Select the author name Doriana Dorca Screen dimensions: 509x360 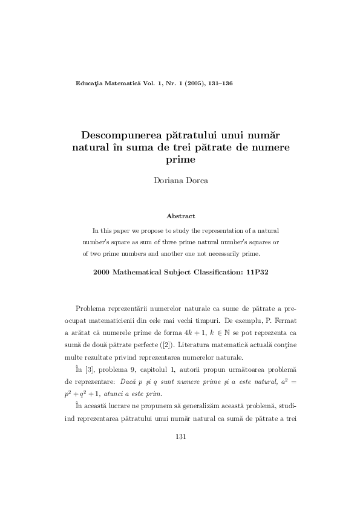point(180,181)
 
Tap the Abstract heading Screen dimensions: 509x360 point(180,215)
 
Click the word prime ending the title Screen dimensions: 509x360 point(180,160)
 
